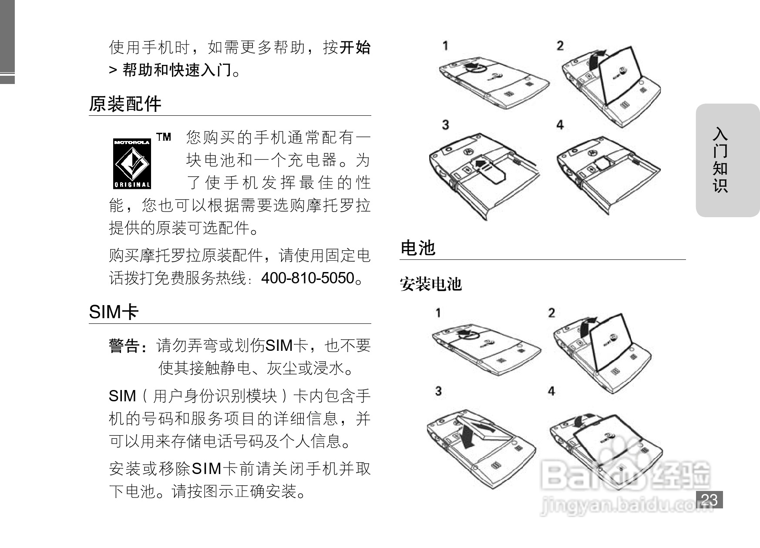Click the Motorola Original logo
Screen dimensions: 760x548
point(132,164)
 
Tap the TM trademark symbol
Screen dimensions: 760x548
point(164,137)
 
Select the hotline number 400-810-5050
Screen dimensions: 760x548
point(308,278)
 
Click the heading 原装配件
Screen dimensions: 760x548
point(125,104)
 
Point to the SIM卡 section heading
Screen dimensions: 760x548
point(114,312)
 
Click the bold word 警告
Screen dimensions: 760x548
point(124,346)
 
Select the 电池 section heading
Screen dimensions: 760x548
point(418,248)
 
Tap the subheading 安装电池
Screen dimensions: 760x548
point(430,284)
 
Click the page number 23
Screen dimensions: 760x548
point(709,499)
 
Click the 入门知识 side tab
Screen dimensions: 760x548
point(720,160)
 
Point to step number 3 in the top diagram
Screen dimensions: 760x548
point(445,125)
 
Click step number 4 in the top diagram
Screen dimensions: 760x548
point(560,125)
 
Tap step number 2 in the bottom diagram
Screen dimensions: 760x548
point(552,313)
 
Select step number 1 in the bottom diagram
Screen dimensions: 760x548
point(438,313)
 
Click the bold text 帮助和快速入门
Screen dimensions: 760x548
point(177,70)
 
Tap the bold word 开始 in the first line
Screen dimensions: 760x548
point(355,47)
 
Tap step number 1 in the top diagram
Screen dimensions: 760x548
point(445,46)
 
